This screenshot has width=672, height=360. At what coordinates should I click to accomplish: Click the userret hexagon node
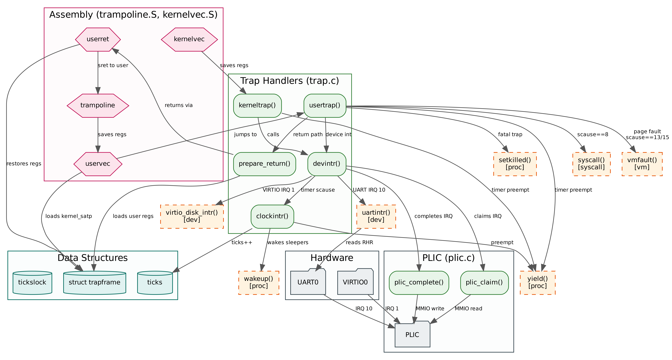pyautogui.click(x=98, y=39)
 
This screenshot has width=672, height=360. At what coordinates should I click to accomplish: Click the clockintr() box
pyautogui.click(x=272, y=217)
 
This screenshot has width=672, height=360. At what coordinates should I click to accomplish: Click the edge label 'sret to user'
pyautogui.click(x=113, y=65)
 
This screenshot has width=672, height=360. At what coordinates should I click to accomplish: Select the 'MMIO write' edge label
pyautogui.click(x=430, y=309)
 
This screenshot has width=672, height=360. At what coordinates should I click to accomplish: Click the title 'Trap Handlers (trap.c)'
pyautogui.click(x=290, y=81)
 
